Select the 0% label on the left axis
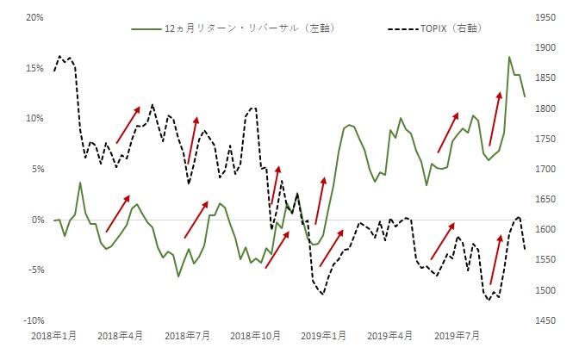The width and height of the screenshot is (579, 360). click(x=22, y=220)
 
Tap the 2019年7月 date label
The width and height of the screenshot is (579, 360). click(x=457, y=335)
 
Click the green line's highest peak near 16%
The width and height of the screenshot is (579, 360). click(x=509, y=58)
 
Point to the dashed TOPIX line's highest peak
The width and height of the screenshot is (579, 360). click(x=59, y=56)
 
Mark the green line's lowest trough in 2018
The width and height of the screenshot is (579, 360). click(x=178, y=276)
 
